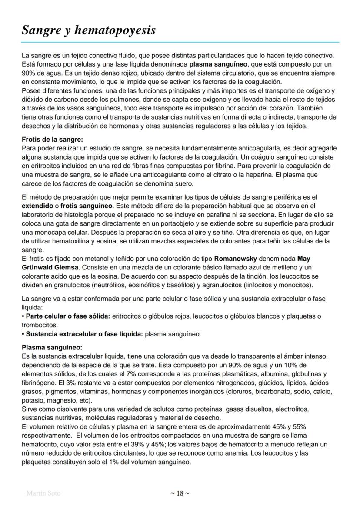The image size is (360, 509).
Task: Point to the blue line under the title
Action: (180, 42)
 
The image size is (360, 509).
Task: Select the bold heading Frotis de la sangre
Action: (52, 140)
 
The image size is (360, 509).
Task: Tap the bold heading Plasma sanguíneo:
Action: (52, 348)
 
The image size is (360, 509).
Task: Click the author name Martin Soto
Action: (43, 493)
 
